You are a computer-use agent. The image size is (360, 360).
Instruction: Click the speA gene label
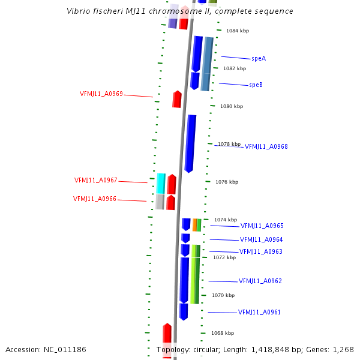259,59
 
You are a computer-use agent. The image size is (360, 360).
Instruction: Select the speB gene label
256,85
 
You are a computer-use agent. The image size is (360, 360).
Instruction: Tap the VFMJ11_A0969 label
101,94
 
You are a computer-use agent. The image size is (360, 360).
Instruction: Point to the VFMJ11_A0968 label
266,147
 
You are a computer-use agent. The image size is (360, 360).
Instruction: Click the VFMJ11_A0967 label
96,181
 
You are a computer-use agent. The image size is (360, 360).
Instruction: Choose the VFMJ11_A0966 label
95,199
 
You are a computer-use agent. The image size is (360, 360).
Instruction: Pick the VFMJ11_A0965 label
262,226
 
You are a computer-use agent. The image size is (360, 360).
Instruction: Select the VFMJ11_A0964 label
261,240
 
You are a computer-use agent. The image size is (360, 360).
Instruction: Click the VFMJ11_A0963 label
260,252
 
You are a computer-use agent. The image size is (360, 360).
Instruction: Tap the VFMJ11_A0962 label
260,281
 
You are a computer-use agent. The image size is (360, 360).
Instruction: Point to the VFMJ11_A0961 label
259,313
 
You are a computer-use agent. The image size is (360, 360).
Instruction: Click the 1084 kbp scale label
237,31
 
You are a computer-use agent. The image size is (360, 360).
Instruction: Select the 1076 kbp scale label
227,182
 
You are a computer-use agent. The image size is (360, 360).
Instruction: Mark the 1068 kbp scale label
222,333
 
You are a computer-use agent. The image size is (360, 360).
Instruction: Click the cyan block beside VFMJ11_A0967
161,183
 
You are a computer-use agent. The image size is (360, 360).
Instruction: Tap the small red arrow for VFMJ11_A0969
177,99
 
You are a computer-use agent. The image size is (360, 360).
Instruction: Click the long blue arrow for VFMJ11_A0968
190,143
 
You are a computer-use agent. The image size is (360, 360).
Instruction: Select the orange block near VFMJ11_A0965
194,225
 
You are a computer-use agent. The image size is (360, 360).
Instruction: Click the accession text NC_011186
65,349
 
